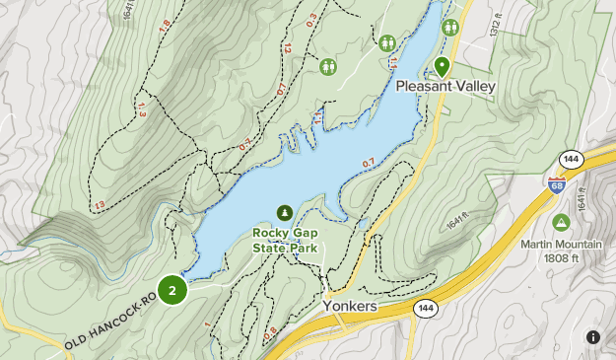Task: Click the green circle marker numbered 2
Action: (x=172, y=290)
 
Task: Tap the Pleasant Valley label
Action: (x=445, y=87)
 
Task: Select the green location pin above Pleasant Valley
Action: (x=443, y=67)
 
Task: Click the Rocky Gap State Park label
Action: (x=286, y=241)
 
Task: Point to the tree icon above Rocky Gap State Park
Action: (x=286, y=213)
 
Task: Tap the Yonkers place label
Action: (x=350, y=307)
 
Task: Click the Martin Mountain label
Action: (x=561, y=245)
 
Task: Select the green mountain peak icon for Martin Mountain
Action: (x=561, y=222)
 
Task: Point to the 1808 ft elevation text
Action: (x=561, y=258)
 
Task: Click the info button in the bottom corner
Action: (x=593, y=337)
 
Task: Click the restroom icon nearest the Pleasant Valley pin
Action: (x=450, y=27)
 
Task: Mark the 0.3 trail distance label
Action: (x=312, y=17)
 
